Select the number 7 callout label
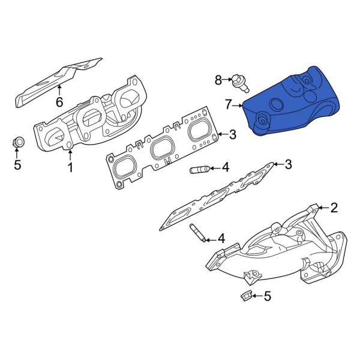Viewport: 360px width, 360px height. coord(228,105)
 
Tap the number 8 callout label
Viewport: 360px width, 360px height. coord(218,79)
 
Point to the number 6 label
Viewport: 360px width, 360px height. coord(59,102)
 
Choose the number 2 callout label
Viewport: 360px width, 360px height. coord(334,208)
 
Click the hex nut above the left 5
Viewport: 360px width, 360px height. coord(18,143)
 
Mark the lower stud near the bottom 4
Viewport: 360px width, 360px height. coord(197,233)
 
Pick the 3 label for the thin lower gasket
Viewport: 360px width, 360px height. coord(288,164)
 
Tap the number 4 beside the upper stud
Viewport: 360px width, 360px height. coord(225,167)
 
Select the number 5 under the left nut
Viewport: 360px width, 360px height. coord(17,164)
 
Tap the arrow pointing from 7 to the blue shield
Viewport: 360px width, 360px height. coord(238,106)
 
